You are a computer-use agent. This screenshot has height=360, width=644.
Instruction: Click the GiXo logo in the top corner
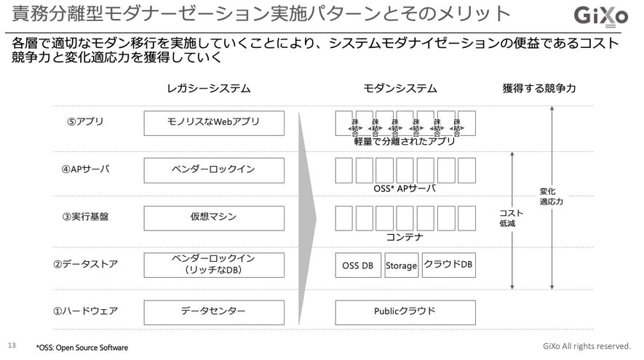pyautogui.click(x=600, y=15)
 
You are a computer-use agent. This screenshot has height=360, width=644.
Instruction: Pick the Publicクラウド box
pyautogui.click(x=405, y=312)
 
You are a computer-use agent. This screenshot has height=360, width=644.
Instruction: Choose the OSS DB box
pyautogui.click(x=357, y=265)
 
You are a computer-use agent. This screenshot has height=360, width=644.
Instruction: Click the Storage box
pyautogui.click(x=401, y=265)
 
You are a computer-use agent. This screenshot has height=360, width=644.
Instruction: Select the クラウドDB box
pyautogui.click(x=448, y=265)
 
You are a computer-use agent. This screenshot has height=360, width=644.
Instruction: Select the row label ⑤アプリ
pyautogui.click(x=85, y=122)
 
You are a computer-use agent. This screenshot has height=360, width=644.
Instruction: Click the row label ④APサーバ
pyautogui.click(x=86, y=169)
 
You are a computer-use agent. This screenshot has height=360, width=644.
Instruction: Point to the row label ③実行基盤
pyautogui.click(x=85, y=217)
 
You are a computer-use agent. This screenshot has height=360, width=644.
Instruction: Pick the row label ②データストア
pyautogui.click(x=85, y=264)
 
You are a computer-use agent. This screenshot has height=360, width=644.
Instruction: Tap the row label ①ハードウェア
pyautogui.click(x=85, y=311)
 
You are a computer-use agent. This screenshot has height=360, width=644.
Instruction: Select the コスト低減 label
pyautogui.click(x=506, y=217)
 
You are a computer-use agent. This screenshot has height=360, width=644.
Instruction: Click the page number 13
pyautogui.click(x=11, y=345)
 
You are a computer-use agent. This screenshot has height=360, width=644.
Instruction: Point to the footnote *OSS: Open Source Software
pyautogui.click(x=82, y=348)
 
